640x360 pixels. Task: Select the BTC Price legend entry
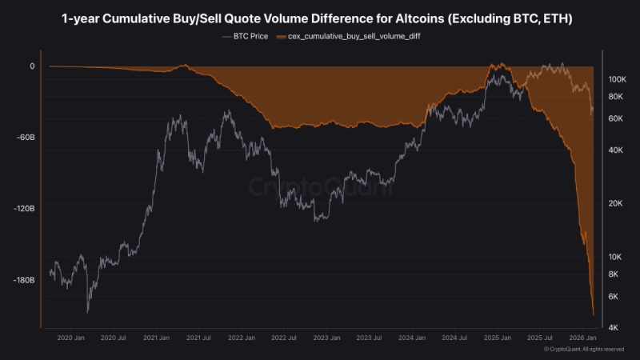coord(245,37)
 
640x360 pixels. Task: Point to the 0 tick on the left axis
coord(32,66)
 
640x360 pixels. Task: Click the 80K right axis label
coord(616,97)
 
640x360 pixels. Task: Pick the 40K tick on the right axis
coord(616,150)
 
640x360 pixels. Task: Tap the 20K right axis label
coord(616,204)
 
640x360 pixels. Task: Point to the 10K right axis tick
coord(616,258)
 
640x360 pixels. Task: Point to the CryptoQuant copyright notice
coord(583,350)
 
